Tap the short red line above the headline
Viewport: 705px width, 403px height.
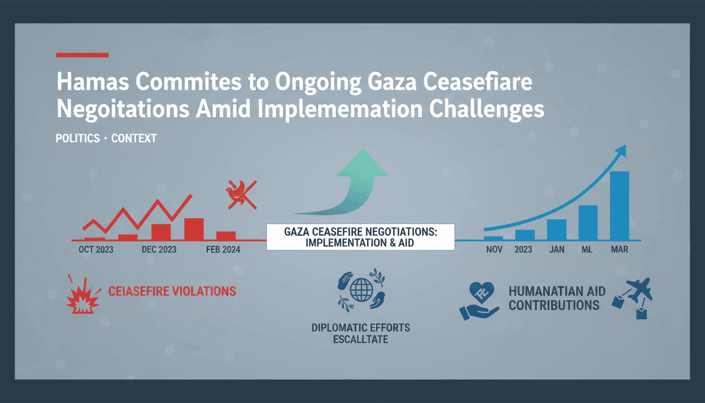click(x=82, y=55)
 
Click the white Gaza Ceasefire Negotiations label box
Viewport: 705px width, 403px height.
click(x=360, y=237)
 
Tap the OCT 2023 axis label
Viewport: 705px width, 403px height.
click(x=96, y=250)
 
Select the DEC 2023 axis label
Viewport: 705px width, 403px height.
click(x=159, y=250)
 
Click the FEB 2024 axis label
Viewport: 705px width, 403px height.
click(x=223, y=250)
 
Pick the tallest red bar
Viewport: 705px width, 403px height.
click(x=194, y=229)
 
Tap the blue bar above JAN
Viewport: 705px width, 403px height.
click(x=557, y=229)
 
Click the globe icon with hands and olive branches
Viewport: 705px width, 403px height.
click(x=360, y=288)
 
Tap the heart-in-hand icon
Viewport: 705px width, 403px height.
click(x=478, y=301)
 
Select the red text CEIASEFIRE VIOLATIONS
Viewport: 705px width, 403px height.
click(x=172, y=291)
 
